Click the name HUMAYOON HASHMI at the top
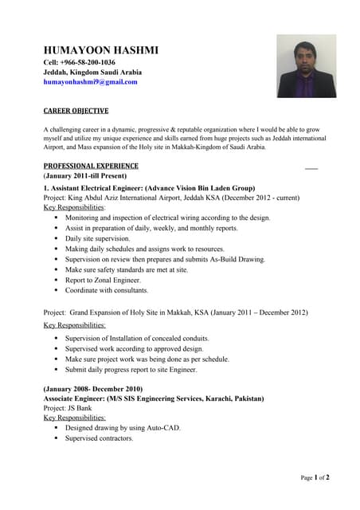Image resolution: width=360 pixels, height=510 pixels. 100,50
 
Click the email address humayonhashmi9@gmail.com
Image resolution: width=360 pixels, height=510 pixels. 90,81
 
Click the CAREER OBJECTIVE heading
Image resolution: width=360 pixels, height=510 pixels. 76,111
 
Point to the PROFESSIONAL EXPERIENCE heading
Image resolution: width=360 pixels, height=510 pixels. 91,166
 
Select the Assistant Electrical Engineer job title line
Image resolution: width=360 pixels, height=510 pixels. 149,188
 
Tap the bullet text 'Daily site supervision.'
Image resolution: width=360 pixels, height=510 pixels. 97,238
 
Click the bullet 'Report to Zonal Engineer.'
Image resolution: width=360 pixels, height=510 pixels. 103,280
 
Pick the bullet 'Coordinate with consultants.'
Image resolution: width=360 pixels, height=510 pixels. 107,290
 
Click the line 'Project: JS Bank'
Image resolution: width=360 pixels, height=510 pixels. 68,407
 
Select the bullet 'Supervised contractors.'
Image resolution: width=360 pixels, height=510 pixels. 100,438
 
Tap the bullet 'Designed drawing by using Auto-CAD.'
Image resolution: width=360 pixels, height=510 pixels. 123,428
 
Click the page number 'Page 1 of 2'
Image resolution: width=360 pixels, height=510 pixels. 315,477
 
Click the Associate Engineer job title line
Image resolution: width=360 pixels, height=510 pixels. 153,398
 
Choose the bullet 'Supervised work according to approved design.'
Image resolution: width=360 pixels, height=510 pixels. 134,349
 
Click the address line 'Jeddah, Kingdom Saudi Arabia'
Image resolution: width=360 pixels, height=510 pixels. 92,72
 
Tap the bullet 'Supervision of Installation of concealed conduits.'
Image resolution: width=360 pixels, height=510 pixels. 137,339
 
